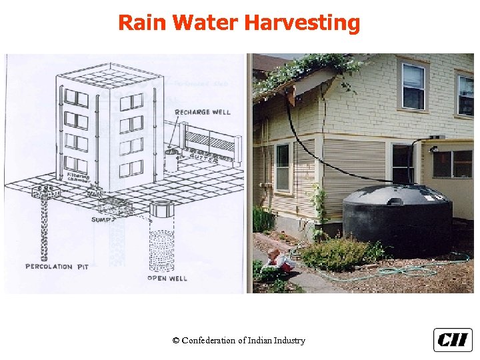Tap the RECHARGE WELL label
203,112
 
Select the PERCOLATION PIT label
57,267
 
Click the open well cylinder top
161,209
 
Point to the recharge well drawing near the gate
171,159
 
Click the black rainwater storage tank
397,217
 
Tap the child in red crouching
280,261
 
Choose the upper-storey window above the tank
413,86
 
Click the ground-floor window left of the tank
283,167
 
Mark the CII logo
453,340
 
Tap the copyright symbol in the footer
175,341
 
